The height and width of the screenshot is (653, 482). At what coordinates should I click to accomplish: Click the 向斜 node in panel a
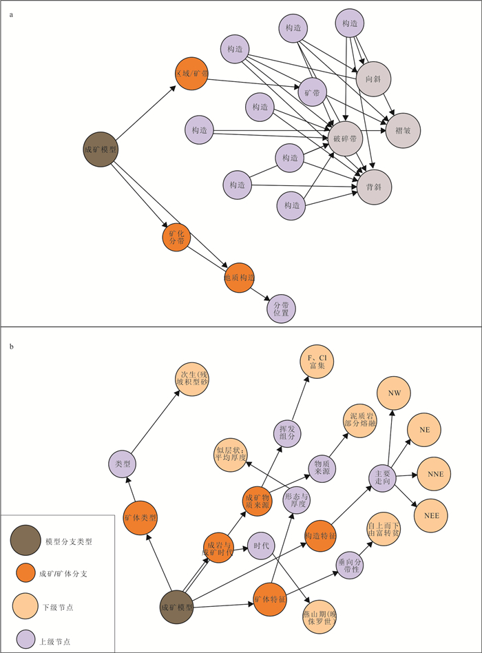pos(374,80)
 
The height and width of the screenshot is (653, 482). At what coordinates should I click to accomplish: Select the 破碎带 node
pos(344,138)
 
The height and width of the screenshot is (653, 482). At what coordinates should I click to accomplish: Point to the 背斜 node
pos(374,186)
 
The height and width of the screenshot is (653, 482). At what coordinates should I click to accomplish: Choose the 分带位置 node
pos(280,307)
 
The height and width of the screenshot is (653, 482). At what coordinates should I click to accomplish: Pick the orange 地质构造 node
pos(240,278)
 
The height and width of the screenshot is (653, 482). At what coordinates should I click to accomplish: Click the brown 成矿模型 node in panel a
pos(100,149)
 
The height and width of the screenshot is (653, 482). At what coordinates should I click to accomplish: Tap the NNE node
pos(434,474)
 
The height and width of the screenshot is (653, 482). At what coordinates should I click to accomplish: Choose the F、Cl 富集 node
pos(316,360)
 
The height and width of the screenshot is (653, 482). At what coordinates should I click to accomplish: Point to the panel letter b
pos(11,345)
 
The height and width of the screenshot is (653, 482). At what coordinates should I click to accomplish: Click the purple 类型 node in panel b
pos(123,463)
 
